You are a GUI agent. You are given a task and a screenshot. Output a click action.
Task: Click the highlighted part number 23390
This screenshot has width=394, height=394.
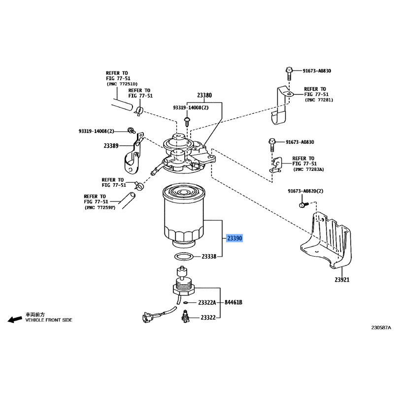[x=234, y=238]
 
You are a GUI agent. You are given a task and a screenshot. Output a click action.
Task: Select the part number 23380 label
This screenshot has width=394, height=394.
[x=204, y=95]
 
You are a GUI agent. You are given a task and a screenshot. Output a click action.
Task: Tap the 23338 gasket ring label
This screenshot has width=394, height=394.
[x=209, y=257]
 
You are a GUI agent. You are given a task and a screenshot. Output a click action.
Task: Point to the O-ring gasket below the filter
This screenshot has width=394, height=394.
[x=184, y=257]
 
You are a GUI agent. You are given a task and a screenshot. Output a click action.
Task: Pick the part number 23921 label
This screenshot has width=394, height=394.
[x=342, y=279]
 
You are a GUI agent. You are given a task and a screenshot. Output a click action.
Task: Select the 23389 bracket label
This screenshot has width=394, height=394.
[x=111, y=146]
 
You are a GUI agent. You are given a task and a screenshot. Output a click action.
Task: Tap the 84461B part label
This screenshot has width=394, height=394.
[x=233, y=302]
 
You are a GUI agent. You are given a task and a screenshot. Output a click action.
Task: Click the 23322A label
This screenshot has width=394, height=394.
[x=207, y=302]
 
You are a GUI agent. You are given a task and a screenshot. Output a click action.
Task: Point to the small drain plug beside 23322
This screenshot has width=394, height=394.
[x=185, y=316]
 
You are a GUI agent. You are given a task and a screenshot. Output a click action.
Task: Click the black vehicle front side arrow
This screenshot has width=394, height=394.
[x=15, y=319]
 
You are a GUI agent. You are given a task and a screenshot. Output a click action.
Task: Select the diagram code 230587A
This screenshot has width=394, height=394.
[x=381, y=328]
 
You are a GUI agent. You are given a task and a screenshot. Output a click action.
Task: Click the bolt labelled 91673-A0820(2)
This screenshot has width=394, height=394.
[x=303, y=204]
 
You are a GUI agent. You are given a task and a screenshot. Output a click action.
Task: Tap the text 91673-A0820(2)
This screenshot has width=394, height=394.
[x=305, y=191]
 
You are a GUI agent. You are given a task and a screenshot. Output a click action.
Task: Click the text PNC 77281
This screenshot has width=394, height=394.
[x=319, y=100]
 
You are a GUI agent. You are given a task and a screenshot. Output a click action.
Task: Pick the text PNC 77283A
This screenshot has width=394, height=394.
[x=309, y=169]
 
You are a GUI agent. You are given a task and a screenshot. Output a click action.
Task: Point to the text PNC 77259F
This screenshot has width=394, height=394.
[x=100, y=207]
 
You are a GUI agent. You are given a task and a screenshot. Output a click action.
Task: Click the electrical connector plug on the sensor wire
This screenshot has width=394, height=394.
[x=146, y=317]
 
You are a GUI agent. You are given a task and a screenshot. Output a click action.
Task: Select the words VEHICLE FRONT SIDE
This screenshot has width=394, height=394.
[x=49, y=320]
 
